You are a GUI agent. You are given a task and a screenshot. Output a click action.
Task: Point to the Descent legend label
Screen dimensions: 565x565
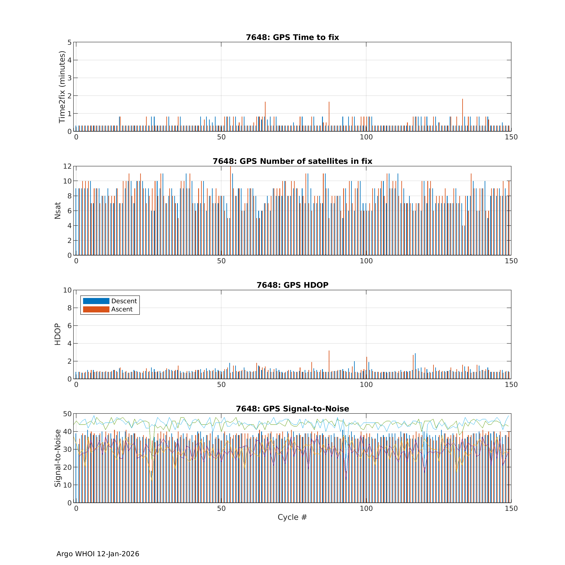(x=124, y=301)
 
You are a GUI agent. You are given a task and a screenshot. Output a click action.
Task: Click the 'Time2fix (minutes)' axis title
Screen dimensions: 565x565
(x=62, y=87)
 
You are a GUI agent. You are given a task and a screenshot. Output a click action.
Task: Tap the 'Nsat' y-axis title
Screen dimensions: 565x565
(x=58, y=211)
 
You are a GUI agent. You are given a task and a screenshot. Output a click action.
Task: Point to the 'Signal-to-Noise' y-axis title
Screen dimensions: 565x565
(x=58, y=458)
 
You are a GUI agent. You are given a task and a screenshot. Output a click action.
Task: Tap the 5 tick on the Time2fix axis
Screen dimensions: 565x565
(x=69, y=42)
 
